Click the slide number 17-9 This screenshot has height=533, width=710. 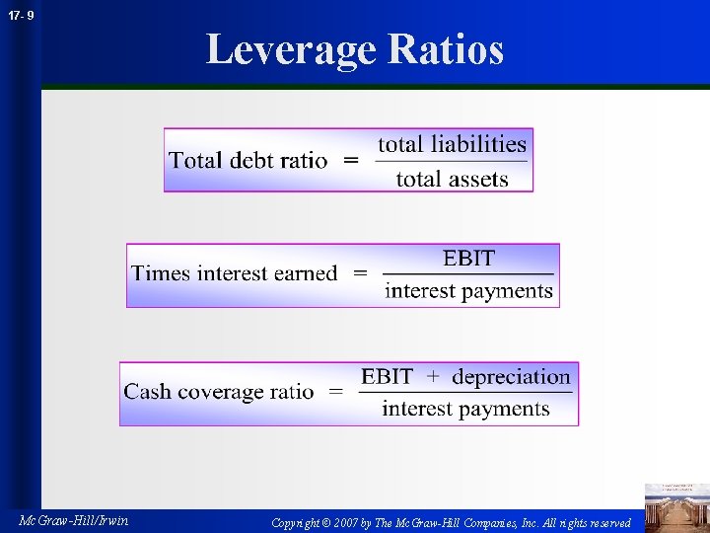pyautogui.click(x=19, y=16)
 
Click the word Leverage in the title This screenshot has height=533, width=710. pyautogui.click(x=291, y=49)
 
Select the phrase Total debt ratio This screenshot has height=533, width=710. pyautogui.click(x=248, y=160)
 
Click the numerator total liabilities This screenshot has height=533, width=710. pyautogui.click(x=453, y=144)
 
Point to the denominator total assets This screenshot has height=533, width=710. pyautogui.click(x=453, y=179)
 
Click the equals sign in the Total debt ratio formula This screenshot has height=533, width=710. pyautogui.click(x=351, y=160)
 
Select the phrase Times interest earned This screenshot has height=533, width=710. pyautogui.click(x=235, y=273)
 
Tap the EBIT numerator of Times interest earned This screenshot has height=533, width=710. pyautogui.click(x=468, y=259)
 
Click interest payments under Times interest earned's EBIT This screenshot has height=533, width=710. pyautogui.click(x=468, y=291)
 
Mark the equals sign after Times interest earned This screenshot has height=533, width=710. pyautogui.click(x=360, y=273)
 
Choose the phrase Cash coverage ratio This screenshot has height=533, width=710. pyautogui.click(x=219, y=392)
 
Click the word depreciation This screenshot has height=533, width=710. pyautogui.click(x=511, y=377)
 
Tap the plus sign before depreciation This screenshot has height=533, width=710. pyautogui.click(x=433, y=377)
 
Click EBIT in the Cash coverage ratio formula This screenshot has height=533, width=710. pyautogui.click(x=387, y=377)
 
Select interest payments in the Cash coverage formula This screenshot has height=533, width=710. pyautogui.click(x=465, y=409)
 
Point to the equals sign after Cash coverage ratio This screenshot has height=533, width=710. pyautogui.click(x=336, y=392)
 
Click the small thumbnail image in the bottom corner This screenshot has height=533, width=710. pyautogui.click(x=676, y=506)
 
